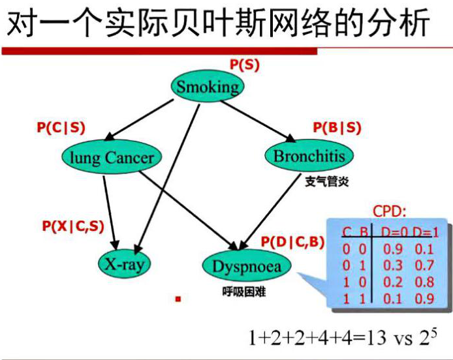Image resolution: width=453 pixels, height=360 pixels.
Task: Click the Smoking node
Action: click(208, 87)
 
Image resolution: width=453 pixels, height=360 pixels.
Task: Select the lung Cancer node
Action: click(112, 157)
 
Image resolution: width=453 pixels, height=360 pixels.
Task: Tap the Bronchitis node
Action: click(309, 156)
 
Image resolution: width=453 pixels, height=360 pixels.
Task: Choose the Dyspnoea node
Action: click(247, 265)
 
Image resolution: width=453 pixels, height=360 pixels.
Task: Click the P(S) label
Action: click(245, 64)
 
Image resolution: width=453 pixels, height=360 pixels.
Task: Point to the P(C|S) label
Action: click(61, 128)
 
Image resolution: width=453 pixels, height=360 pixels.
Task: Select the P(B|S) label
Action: click(337, 128)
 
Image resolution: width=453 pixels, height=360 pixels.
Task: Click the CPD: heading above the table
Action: click(389, 212)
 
